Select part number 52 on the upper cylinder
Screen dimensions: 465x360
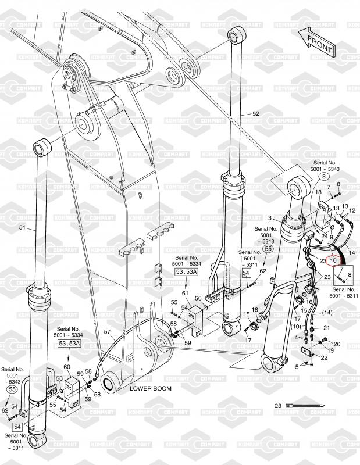point(256,113)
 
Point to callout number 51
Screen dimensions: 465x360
point(23,228)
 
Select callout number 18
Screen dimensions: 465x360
point(318,192)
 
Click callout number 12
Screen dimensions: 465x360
point(352,210)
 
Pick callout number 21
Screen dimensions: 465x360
point(326,328)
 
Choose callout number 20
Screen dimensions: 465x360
point(336,344)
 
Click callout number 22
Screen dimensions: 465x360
point(323,357)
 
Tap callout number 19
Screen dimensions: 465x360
point(331,350)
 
